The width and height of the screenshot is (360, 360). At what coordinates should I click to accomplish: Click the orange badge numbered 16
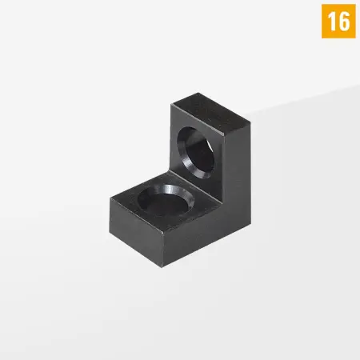pos(338,21)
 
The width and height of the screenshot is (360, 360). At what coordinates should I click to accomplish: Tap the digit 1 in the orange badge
pos(330,21)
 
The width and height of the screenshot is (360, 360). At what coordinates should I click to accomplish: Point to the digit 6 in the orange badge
pos(344,21)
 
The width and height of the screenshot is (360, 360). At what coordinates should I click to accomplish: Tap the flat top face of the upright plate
pos(210,108)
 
